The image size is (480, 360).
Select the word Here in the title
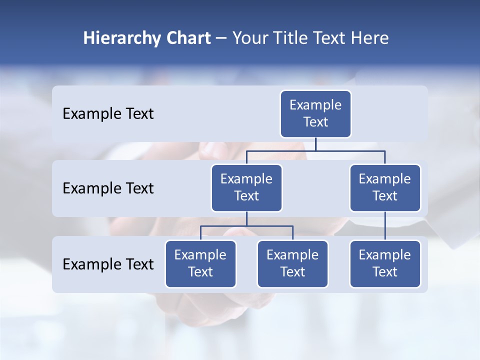[x=369, y=38]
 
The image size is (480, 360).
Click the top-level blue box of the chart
[x=315, y=113]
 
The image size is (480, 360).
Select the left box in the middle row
[x=246, y=187]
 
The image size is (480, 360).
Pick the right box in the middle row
[x=384, y=187]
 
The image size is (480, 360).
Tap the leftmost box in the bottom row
[x=200, y=263]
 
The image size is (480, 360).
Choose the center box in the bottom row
[x=292, y=263]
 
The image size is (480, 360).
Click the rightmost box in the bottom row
[x=384, y=263]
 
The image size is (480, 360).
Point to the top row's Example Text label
[x=108, y=114]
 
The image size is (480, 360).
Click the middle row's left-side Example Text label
[x=108, y=188]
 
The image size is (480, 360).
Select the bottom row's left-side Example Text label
[x=108, y=264]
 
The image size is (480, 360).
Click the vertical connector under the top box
[x=315, y=144]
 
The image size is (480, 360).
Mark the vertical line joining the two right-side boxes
[x=385, y=226]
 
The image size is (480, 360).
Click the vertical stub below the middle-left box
[x=246, y=218]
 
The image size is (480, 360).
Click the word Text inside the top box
[x=315, y=122]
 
